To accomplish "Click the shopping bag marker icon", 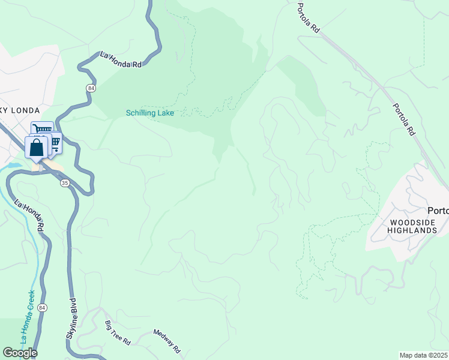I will point(37,147).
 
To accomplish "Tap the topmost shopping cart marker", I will point(42,130).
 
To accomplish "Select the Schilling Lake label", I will point(149,113).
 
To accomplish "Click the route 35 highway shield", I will point(65,182).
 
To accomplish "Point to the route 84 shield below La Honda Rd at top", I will point(90,88).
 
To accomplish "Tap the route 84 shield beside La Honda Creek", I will point(41,308).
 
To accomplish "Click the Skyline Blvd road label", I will point(71,321).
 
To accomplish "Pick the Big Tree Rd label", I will point(118,333).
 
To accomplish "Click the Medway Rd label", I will point(167,341).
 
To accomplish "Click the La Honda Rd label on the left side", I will point(29,215).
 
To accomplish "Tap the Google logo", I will point(20,352).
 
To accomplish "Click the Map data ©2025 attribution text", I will point(423,355).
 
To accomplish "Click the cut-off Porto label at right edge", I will point(438,211).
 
